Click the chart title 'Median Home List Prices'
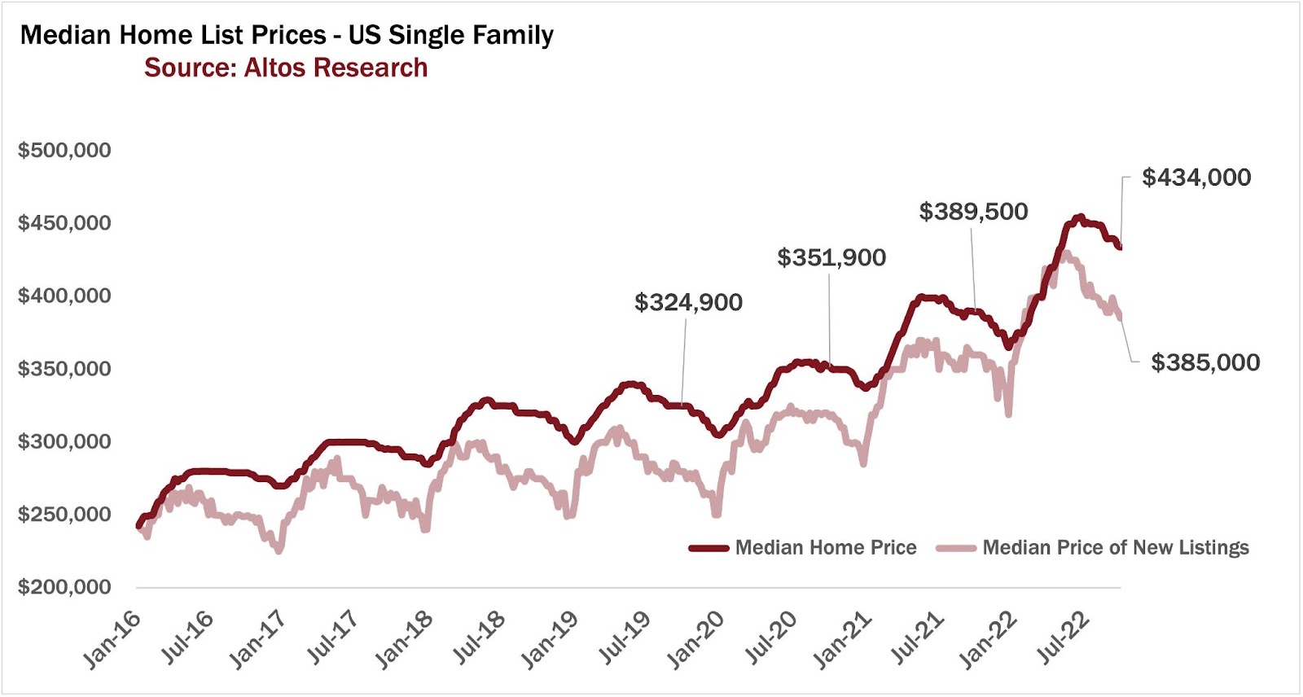(287, 36)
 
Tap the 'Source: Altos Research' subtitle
(286, 68)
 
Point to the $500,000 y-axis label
(64, 151)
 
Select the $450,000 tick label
(64, 223)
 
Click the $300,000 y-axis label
(64, 441)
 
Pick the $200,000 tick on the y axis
(64, 587)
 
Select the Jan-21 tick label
(844, 640)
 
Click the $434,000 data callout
(1196, 178)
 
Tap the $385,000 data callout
(1205, 362)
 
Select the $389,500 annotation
(973, 212)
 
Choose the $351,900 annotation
(831, 258)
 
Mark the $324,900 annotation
(688, 303)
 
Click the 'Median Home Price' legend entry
(825, 548)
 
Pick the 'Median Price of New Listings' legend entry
(1115, 548)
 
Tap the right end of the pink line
(1121, 317)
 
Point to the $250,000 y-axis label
(64, 515)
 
